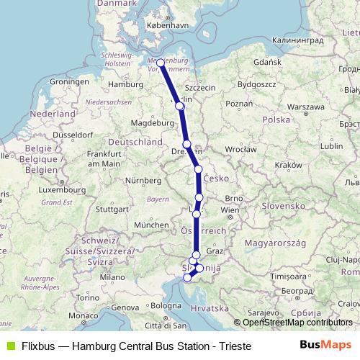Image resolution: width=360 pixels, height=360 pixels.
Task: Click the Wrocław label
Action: tap(240, 150)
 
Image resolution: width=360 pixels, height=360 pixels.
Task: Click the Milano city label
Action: tap(112, 276)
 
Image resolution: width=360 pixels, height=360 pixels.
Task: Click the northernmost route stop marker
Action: tap(161, 63)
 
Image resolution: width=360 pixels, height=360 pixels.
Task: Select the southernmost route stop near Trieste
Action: tap(187, 277)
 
